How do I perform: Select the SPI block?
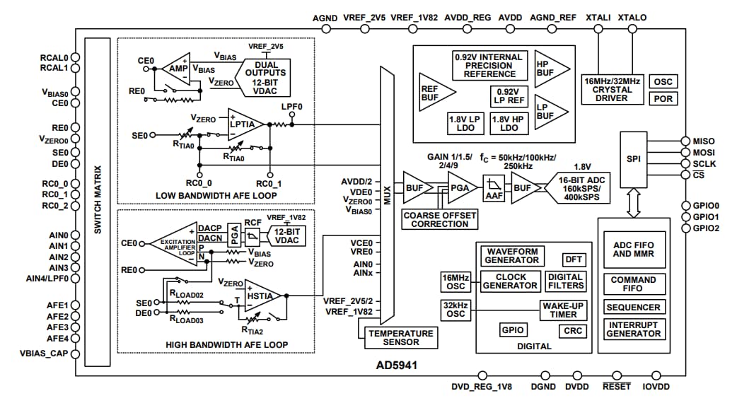tap(634, 158)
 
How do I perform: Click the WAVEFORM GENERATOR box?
tap(511, 255)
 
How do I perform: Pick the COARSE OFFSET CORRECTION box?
tap(440, 219)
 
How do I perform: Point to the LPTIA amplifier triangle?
tap(245, 124)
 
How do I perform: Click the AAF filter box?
tap(493, 188)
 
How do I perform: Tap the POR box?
tap(663, 99)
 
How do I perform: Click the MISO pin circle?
tap(684, 141)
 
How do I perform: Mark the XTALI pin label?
tap(599, 18)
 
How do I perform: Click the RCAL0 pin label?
tap(54, 58)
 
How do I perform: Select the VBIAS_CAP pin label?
tap(44, 353)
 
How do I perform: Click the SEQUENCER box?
tap(633, 308)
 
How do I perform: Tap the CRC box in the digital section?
tap(571, 331)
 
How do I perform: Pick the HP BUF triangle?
tap(550, 67)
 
